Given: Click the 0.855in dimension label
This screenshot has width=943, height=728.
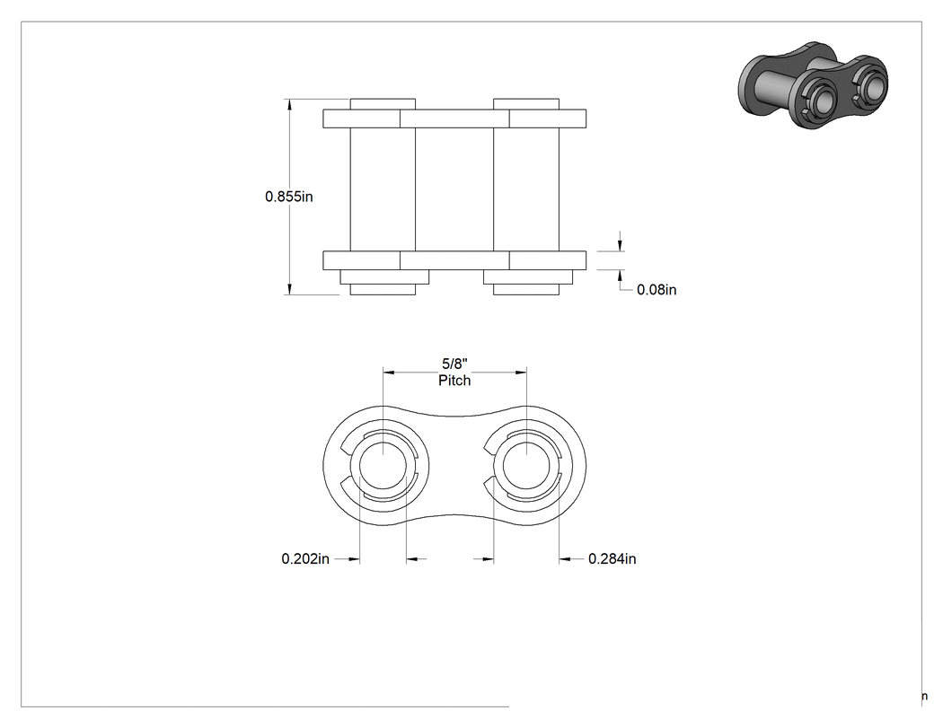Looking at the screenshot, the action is click(x=288, y=197).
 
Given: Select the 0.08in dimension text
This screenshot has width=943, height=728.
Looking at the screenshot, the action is click(x=657, y=290).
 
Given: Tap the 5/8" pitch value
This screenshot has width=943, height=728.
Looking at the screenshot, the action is click(x=454, y=364).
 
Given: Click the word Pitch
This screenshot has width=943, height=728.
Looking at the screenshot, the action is click(x=454, y=381).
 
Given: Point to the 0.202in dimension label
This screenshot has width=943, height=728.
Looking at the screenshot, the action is click(x=305, y=559).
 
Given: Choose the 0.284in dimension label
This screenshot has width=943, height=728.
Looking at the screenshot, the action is click(x=613, y=559).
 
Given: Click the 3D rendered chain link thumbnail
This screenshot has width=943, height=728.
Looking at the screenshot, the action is click(x=813, y=85).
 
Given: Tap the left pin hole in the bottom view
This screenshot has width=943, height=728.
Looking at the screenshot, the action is click(x=383, y=467).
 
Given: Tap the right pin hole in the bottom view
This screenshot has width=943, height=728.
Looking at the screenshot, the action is click(x=526, y=467).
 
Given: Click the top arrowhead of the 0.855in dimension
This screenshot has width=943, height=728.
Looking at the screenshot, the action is click(x=290, y=104).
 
